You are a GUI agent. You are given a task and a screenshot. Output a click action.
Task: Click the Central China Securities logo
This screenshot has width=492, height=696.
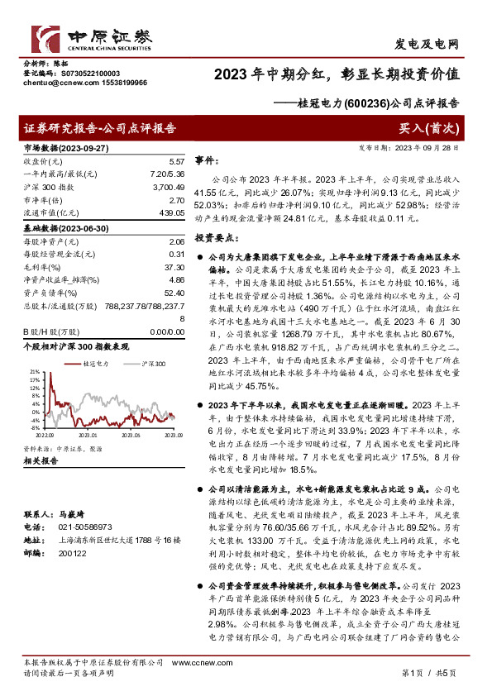coord(92,38)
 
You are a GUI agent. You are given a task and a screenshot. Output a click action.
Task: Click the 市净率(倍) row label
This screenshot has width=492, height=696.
coord(42,201)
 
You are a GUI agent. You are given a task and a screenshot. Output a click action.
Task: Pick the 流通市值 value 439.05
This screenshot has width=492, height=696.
coord(171,214)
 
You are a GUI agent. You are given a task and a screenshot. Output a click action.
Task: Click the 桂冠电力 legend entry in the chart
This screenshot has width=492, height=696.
coord(95,363)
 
